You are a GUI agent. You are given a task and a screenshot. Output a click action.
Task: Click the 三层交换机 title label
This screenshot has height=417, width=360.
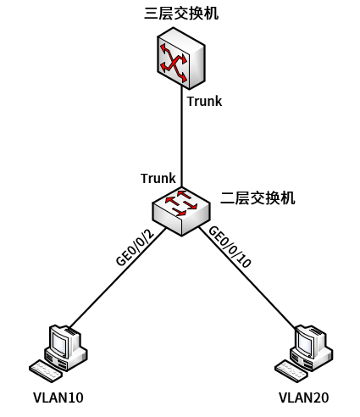pos(181,13)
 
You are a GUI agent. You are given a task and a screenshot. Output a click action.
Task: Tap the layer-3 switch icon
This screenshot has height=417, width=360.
pos(181,58)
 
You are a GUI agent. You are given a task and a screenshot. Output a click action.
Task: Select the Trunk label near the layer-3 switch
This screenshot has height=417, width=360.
pos(204,101)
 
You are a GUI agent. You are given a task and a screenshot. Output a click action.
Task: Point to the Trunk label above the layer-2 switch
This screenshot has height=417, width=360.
pos(158,178)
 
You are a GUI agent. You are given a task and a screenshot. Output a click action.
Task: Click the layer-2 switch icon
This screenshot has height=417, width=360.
pos(181,211)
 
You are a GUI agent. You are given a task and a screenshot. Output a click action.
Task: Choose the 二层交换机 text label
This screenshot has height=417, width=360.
pos(258,197)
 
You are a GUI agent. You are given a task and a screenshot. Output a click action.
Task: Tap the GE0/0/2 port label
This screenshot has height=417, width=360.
pos(136,247)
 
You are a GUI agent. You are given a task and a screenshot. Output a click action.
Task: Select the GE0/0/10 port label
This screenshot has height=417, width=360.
pos(230,247)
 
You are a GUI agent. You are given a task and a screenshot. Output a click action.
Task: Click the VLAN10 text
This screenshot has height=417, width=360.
pos(58,398)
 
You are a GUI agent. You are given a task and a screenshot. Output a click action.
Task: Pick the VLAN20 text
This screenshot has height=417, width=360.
pos(304,398)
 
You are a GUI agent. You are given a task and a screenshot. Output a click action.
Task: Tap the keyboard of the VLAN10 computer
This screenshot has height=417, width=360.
pos(46,371)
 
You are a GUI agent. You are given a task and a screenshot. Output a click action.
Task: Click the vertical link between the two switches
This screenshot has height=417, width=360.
pos(181,137)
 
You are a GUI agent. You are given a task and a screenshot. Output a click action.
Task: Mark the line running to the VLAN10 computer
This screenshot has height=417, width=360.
pos(117,277)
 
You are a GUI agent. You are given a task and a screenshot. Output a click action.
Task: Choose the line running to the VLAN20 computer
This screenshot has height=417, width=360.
pos(247,276)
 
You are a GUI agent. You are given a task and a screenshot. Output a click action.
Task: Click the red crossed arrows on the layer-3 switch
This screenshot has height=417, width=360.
pos(174,63)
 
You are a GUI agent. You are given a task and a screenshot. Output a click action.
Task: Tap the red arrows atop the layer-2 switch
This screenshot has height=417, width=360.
pos(181,203)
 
